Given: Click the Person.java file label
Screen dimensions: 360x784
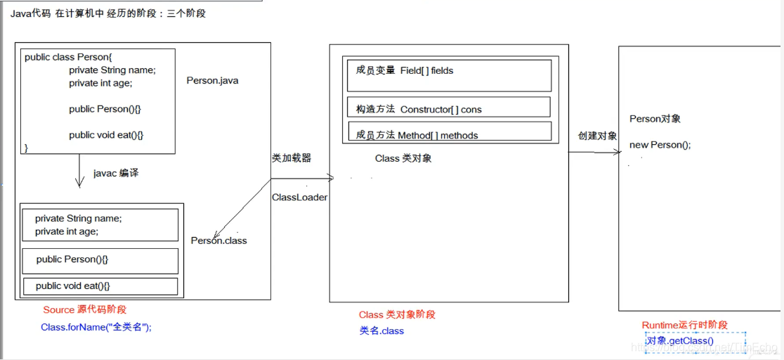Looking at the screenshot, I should coord(212,80).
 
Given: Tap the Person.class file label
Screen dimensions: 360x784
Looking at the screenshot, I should coord(218,240).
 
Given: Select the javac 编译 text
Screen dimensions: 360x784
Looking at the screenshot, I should coord(116,173).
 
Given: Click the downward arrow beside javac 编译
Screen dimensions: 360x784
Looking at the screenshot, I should coord(78,172).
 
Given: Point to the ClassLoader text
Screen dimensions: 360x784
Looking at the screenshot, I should coord(299,198).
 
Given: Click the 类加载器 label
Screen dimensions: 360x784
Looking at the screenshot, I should coord(291,158).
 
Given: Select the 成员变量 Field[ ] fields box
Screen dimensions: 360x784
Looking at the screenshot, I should coord(449,75).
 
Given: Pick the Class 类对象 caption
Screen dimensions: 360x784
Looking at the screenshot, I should coord(403,159).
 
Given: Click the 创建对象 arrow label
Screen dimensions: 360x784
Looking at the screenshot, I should coord(597,136).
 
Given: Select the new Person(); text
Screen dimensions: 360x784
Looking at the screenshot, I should coord(660,145).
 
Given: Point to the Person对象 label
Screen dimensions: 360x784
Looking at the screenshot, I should coord(655,119).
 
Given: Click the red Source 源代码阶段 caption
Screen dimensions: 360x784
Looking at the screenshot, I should coord(84,309).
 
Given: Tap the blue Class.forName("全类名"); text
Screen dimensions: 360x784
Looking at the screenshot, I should coord(96,327).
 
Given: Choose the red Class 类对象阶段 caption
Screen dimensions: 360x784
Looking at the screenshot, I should coord(397,314).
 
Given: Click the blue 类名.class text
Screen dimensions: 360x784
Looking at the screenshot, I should coord(381,330).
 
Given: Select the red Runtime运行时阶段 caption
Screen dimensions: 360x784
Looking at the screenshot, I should coord(684,325).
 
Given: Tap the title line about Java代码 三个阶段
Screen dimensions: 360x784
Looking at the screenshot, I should coord(108,13).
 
